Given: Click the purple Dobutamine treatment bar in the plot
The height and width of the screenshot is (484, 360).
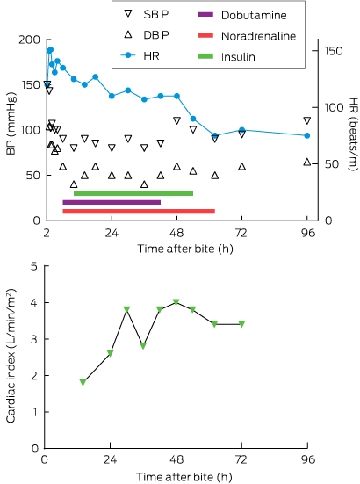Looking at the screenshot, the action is click(x=112, y=203).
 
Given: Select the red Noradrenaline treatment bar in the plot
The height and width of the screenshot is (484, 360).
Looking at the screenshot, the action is click(x=139, y=212).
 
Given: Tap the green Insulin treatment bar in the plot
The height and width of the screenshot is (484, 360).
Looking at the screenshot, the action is click(x=133, y=193).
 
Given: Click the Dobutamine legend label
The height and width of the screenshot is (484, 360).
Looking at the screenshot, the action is click(x=254, y=15).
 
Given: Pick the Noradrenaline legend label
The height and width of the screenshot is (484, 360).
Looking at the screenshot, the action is click(x=258, y=36).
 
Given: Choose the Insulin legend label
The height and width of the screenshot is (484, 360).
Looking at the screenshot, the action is click(x=238, y=57).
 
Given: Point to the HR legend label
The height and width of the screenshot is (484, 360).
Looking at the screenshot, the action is click(x=152, y=56).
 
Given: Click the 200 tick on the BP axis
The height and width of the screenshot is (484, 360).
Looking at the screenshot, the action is click(x=29, y=40).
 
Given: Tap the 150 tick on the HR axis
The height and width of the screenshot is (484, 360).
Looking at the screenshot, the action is click(x=334, y=51).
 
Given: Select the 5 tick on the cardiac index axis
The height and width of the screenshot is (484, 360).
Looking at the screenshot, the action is click(x=34, y=266).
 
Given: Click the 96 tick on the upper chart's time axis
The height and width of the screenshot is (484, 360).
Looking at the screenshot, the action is click(x=307, y=233).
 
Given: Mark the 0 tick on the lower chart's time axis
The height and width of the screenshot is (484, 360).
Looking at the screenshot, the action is click(x=45, y=460).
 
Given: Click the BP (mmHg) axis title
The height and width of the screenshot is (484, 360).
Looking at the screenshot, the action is click(x=11, y=124).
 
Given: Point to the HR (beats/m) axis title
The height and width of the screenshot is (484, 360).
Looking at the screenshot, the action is click(x=354, y=134).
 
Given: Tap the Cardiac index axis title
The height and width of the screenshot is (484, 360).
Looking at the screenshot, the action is click(x=11, y=356).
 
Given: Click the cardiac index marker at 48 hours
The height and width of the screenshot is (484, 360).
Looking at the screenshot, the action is click(x=176, y=302).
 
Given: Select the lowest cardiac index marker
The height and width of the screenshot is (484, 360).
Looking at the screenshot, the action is click(x=83, y=382).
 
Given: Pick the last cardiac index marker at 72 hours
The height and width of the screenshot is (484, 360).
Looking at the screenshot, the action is click(x=241, y=324).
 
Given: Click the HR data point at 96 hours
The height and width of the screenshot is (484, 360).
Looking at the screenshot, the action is click(x=307, y=135).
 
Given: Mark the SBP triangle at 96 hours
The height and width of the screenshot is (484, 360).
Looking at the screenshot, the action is click(x=307, y=120).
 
